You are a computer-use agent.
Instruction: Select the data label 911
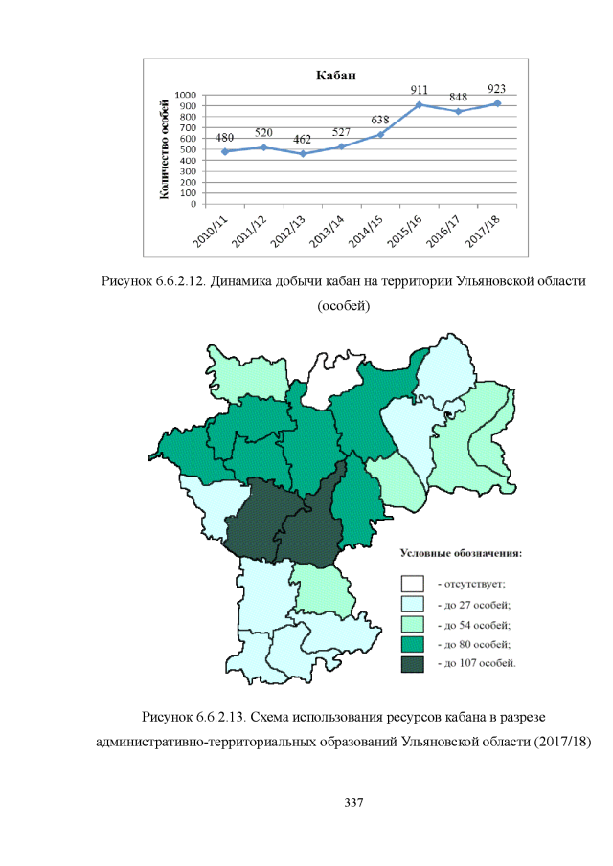pyautogui.click(x=420, y=89)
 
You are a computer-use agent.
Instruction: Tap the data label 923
pyautogui.click(x=497, y=88)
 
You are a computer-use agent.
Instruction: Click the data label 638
pyautogui.click(x=380, y=120)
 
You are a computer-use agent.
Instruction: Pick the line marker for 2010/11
pyautogui.click(x=225, y=151)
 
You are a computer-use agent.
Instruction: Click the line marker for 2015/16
pyautogui.click(x=420, y=103)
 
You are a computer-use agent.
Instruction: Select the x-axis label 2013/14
pyautogui.click(x=329, y=230)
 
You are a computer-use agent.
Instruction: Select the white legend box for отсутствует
pyautogui.click(x=413, y=583)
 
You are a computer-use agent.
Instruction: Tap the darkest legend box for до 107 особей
pyautogui.click(x=413, y=663)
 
